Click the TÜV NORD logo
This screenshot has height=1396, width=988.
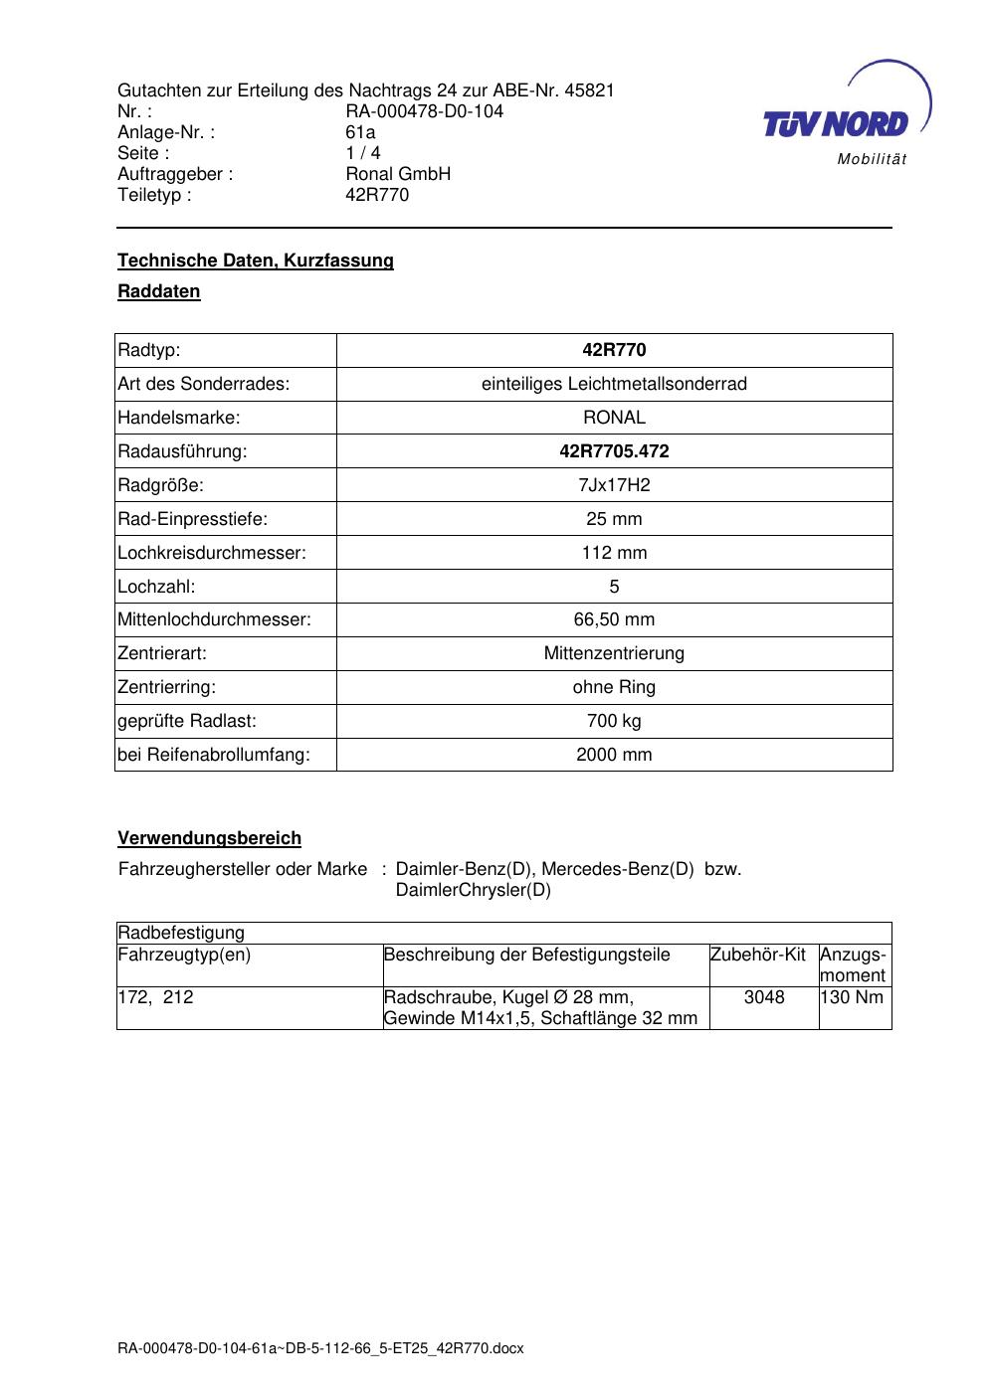(x=836, y=122)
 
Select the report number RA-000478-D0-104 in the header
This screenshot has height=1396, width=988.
(x=424, y=111)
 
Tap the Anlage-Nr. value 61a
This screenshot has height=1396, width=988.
(x=360, y=132)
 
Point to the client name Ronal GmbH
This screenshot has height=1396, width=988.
(x=398, y=174)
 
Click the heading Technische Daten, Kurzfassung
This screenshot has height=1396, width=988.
(x=256, y=261)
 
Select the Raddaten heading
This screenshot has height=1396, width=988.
(x=159, y=291)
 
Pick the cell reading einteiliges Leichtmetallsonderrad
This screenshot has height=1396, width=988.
(x=614, y=384)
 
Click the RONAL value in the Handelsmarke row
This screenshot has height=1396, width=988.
(x=614, y=418)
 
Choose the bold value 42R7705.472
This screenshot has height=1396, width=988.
(x=614, y=451)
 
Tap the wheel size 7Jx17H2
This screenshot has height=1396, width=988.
(x=614, y=485)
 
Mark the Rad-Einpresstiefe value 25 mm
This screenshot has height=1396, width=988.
(x=614, y=519)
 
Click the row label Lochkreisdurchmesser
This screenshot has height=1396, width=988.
(x=212, y=553)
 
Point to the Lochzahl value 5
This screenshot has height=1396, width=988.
(x=614, y=587)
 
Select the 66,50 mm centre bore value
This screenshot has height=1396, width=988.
(x=614, y=620)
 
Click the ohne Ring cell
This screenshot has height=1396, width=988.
(x=614, y=687)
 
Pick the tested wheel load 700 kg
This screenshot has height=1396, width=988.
(x=614, y=721)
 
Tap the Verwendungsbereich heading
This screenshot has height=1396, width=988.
(x=210, y=838)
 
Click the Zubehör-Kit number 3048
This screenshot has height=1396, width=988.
(x=764, y=997)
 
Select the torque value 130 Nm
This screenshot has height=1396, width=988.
(x=853, y=997)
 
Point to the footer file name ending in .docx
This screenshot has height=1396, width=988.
(x=320, y=1349)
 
